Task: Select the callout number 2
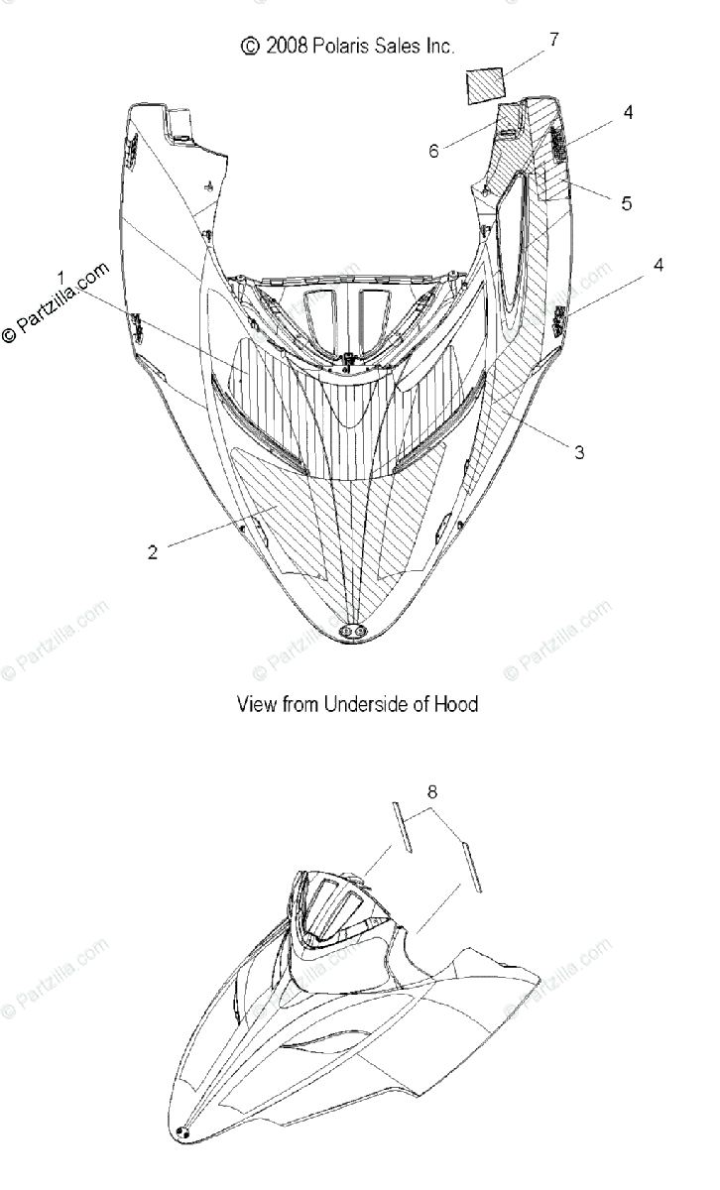[152, 552]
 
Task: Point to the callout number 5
[626, 203]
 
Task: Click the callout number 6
[433, 151]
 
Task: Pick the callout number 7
[553, 40]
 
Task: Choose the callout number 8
[431, 766]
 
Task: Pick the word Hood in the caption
[458, 704]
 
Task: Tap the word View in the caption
[256, 704]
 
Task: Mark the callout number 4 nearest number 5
[629, 113]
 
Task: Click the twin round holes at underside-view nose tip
[351, 631]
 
